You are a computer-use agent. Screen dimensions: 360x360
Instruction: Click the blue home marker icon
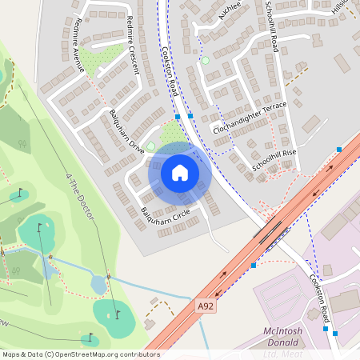coord(179,173)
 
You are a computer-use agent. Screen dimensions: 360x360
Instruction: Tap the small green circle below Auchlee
coord(205,61)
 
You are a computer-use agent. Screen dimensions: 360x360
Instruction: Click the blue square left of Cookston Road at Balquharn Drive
coord(178,116)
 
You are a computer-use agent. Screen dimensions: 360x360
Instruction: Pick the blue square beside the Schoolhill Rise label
coord(339,150)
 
